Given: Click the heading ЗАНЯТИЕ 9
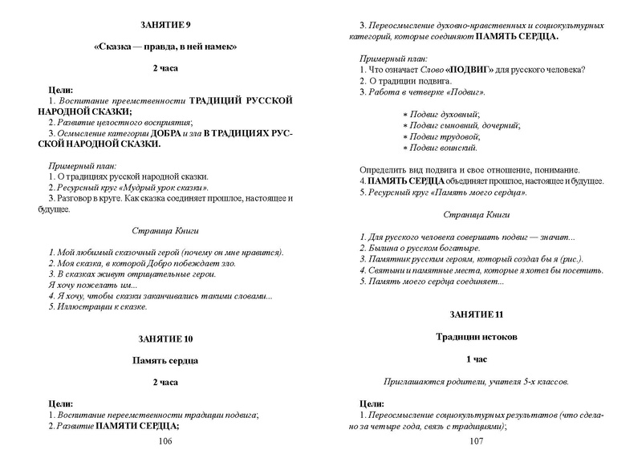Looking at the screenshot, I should coord(165,26).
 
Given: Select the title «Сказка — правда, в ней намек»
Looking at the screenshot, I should coord(165,47).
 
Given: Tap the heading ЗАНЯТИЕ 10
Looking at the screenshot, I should coord(165,338).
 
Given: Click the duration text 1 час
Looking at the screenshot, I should coord(477,360).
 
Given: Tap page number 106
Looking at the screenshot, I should coord(165,441).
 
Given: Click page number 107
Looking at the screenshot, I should coord(477,441).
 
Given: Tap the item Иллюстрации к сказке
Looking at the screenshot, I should coord(100,307).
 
